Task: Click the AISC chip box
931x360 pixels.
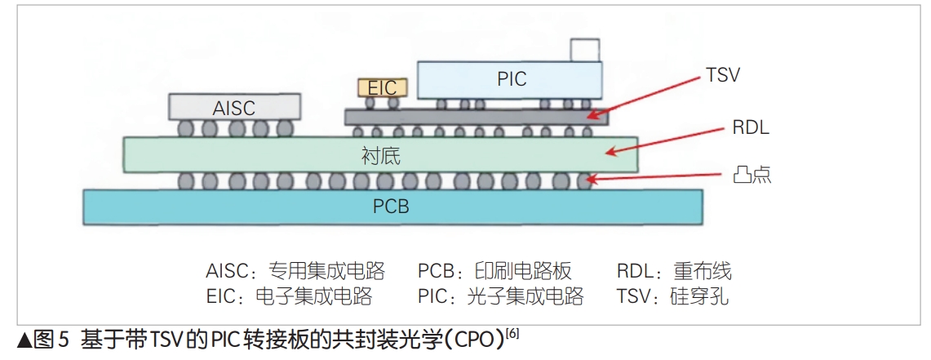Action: pyautogui.click(x=234, y=107)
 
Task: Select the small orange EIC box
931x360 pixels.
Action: pyautogui.click(x=381, y=87)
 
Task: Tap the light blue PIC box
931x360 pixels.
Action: pyautogui.click(x=511, y=79)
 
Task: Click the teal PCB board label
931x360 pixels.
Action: pyautogui.click(x=391, y=207)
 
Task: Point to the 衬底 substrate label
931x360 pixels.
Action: pyautogui.click(x=380, y=155)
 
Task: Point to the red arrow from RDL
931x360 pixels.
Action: pyautogui.click(x=668, y=140)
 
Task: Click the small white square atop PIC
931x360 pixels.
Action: pyautogui.click(x=585, y=50)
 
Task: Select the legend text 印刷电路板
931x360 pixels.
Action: pyautogui.click(x=523, y=271)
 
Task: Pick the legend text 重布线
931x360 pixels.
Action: pyautogui.click(x=703, y=271)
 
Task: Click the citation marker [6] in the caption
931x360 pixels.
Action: pyautogui.click(x=512, y=333)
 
